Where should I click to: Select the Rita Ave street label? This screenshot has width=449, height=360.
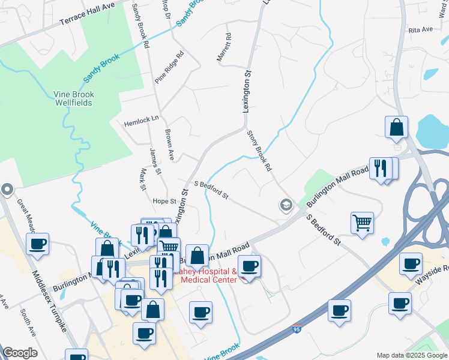tap(420, 29)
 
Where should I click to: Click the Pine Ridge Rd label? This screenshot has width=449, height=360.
tap(169, 67)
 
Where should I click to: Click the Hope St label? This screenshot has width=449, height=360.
tap(164, 202)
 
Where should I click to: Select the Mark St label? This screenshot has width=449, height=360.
tap(143, 179)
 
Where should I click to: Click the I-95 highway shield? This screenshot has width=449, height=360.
tap(297, 329)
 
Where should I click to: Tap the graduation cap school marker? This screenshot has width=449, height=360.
tap(286, 206)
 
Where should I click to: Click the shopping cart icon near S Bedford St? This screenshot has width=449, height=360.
tap(363, 223)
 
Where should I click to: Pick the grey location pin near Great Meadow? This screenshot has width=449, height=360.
tap(7, 190)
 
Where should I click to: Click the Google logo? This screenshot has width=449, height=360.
tap(20, 353)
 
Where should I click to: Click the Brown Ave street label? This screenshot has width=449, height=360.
tap(169, 145)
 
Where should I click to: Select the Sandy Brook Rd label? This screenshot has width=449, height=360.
tap(139, 24)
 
